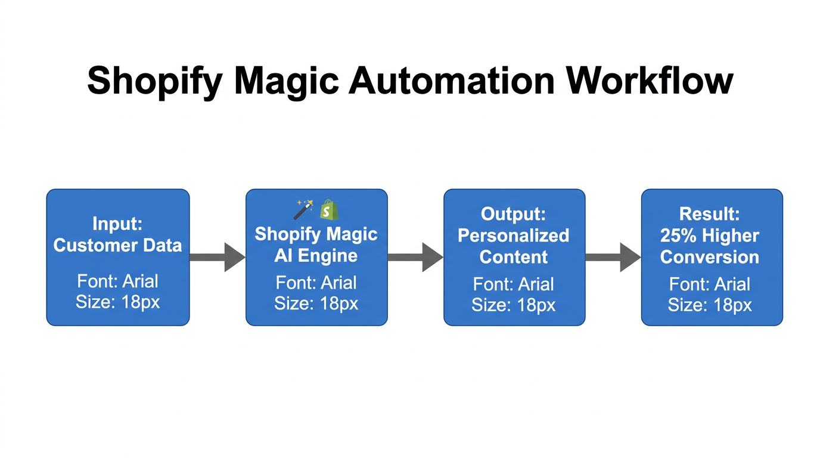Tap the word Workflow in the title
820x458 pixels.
pyautogui.click(x=650, y=81)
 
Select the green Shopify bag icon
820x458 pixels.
pyautogui.click(x=329, y=209)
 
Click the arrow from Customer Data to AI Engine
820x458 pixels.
pyautogui.click(x=218, y=258)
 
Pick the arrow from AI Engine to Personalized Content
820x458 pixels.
pyautogui.click(x=415, y=258)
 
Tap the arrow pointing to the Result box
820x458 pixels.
pyautogui.click(x=613, y=258)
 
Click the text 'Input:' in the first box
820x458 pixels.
pyautogui.click(x=117, y=224)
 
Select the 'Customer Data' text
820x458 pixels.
pyautogui.click(x=117, y=245)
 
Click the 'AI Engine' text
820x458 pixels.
pyautogui.click(x=316, y=256)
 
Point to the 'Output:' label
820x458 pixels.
pyautogui.click(x=513, y=213)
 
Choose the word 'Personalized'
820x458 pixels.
pyautogui.click(x=513, y=235)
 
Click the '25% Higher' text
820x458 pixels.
pyautogui.click(x=710, y=235)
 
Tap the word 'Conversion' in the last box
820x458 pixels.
pyautogui.click(x=710, y=257)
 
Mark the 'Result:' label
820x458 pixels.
pyautogui.click(x=710, y=213)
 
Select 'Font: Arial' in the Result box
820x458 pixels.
pyautogui.click(x=710, y=284)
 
